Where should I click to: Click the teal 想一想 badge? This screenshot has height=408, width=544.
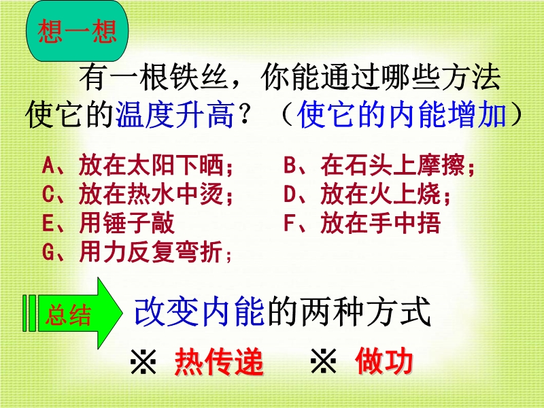pos(77,31)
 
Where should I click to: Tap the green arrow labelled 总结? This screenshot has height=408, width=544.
pos(73,313)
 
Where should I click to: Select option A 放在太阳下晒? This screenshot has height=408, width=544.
pos(138,165)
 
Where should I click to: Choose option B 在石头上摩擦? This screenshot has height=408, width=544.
pos(379,165)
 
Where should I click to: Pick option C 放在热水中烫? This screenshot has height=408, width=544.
pos(138,194)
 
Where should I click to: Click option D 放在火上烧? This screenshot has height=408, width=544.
pos(367,194)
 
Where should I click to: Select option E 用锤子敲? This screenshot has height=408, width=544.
pos(108,223)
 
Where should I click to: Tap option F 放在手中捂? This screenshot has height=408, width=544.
pos(362,223)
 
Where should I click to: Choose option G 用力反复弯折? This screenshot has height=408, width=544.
pos(137,252)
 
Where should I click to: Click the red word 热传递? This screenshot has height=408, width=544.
pos(219,362)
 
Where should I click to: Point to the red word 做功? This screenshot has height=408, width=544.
pos(384,361)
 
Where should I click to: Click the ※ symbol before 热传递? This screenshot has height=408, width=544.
pos(143,361)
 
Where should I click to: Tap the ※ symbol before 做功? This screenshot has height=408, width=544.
pos(324,361)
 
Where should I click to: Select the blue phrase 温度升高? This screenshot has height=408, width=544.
pos(175,115)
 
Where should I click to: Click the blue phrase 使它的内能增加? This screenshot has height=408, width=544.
pos(401,115)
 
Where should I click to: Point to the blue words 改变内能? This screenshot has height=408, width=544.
pos(199,312)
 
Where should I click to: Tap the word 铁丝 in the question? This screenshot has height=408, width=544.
pos(199,77)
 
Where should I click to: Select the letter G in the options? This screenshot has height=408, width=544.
pos(48,252)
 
